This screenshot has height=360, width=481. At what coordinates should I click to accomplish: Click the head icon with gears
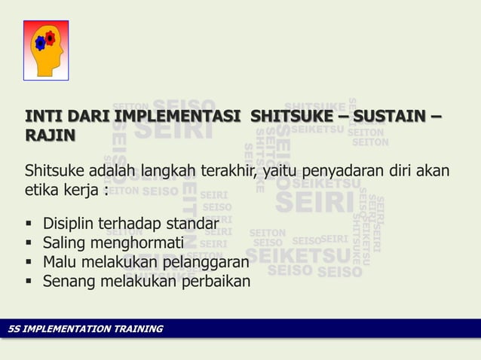point(46,50)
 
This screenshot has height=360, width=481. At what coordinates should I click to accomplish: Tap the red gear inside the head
point(51,37)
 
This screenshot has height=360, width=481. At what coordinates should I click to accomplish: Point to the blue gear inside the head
point(41,43)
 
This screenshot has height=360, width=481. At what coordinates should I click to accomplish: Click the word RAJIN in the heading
point(51,136)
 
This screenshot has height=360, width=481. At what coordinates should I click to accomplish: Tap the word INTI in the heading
point(43,117)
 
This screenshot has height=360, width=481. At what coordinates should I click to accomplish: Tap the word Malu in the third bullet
point(60,263)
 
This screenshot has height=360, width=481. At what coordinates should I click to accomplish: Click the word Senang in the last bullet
point(66,282)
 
